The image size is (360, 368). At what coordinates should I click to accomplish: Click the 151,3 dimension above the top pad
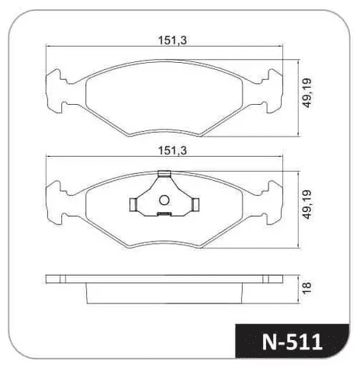(172, 40)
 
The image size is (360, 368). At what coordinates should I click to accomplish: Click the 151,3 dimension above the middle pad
(172, 151)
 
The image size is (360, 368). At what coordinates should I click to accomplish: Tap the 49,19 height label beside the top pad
(307, 92)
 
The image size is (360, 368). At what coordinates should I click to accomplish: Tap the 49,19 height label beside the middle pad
(307, 204)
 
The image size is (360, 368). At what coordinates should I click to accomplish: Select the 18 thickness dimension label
(306, 288)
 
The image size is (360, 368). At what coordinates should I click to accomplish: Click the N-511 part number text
(292, 342)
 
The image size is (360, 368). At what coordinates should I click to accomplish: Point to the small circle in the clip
(164, 200)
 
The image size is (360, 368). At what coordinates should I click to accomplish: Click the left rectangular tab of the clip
(133, 204)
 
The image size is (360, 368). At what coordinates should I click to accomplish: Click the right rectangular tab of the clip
(196, 204)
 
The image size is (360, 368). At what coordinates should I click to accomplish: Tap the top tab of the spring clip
(164, 174)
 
